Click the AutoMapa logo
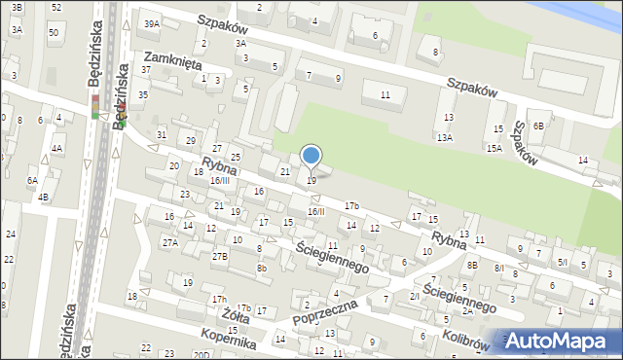coord(561,342)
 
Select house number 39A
coord(152,23)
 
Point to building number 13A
coord(444,138)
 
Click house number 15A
coord(495,148)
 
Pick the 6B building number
coord(537,126)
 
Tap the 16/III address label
coord(220,180)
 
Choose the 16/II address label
coord(315,211)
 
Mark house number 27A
coord(170,242)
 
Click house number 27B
coord(221,256)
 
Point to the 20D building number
coord(201,355)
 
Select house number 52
coord(55,7)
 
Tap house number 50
coord(54,33)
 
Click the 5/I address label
coord(562,262)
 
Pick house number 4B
coord(43,198)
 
